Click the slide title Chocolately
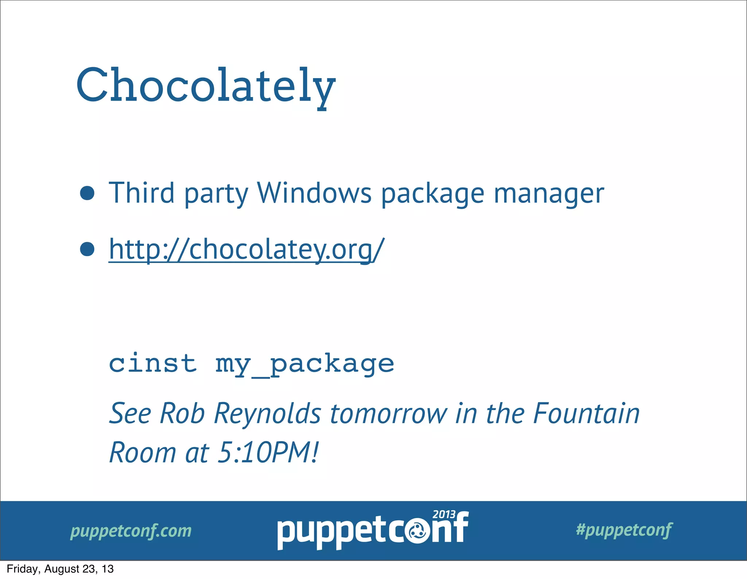[206, 86]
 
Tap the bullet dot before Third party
[87, 193]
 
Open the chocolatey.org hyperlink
[247, 250]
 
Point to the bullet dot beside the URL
[87, 249]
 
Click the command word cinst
[153, 363]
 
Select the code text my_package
[305, 364]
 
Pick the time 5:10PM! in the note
[268, 452]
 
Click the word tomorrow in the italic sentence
[388, 414]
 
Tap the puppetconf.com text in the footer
[131, 531]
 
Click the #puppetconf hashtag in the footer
[624, 530]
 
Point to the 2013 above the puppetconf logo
[444, 514]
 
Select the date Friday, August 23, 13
[60, 569]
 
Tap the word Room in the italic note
[142, 452]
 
